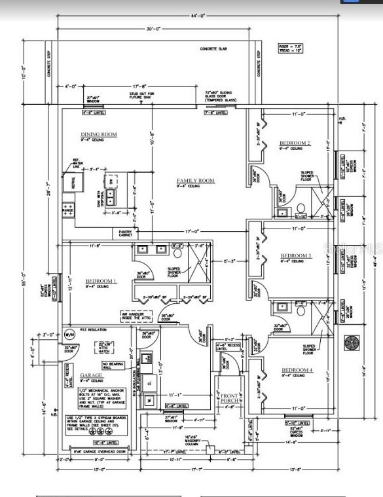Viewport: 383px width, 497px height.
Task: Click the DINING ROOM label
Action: coord(99,134)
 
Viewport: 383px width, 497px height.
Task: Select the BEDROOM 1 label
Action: coord(101,282)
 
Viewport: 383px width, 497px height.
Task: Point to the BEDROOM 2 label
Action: coord(295,143)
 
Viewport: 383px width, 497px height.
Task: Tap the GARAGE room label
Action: coord(91,376)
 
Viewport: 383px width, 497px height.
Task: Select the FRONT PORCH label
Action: coord(229,399)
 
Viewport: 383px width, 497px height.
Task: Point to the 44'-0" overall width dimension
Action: coord(197,16)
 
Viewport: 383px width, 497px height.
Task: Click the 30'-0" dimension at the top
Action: coord(153,29)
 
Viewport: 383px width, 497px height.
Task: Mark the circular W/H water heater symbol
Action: coord(69,335)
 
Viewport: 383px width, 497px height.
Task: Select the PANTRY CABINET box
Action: coord(126,232)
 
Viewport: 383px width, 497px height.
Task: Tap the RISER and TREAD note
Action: coord(287,48)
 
